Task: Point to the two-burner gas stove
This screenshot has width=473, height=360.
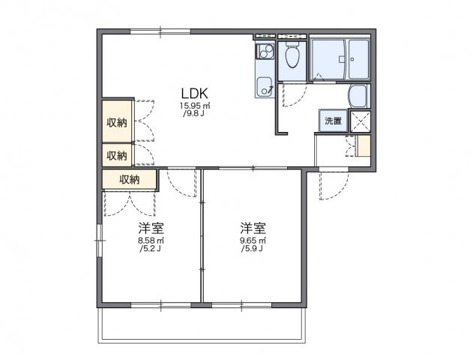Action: (x=264, y=52)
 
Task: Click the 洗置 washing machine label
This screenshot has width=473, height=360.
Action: (x=332, y=121)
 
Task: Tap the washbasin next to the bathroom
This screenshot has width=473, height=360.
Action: (x=358, y=96)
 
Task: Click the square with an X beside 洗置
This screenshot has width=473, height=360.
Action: (x=359, y=121)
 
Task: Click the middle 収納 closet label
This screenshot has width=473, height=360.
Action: (x=116, y=155)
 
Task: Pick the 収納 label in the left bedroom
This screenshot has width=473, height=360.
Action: (x=129, y=179)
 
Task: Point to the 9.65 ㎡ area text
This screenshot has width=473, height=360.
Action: (x=253, y=241)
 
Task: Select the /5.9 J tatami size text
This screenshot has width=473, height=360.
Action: (x=253, y=249)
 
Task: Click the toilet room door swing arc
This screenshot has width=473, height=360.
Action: (x=295, y=94)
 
